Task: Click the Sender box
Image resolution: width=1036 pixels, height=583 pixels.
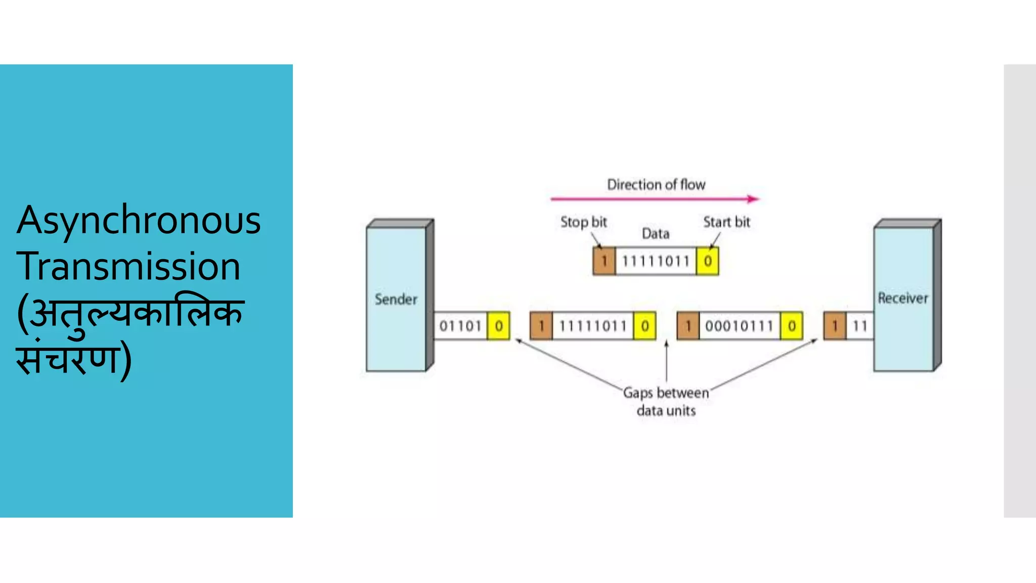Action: pyautogui.click(x=396, y=299)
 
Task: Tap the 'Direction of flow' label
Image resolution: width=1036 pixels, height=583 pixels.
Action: pyautogui.click(x=656, y=185)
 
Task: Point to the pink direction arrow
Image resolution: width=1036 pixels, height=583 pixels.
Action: pyautogui.click(x=655, y=199)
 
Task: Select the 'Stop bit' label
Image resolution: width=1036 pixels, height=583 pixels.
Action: pyautogui.click(x=583, y=222)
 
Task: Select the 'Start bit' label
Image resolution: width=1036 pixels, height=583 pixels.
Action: pyautogui.click(x=726, y=222)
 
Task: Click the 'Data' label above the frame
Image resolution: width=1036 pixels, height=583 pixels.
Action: pyautogui.click(x=656, y=234)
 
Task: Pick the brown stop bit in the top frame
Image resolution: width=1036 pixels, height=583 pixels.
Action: pyautogui.click(x=604, y=261)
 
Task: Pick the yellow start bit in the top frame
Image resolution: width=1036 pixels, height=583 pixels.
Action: pyautogui.click(x=708, y=261)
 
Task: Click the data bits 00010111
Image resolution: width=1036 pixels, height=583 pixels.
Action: pyautogui.click(x=739, y=326)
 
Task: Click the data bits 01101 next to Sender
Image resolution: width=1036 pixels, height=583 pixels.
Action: pyautogui.click(x=460, y=326)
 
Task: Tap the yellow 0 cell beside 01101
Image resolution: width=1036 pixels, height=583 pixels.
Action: pyautogui.click(x=499, y=326)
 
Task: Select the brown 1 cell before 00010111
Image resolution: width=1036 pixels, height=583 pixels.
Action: pyautogui.click(x=688, y=326)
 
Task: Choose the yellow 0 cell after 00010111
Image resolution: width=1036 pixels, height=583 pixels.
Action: pyautogui.click(x=792, y=326)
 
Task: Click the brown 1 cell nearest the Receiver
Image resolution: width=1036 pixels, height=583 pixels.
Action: pyautogui.click(x=835, y=326)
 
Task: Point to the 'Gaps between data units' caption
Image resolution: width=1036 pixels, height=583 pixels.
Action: pyautogui.click(x=666, y=401)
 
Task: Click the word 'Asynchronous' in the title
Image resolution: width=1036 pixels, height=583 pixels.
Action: pyautogui.click(x=139, y=221)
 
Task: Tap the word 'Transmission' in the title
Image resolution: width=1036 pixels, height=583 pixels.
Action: pyautogui.click(x=128, y=266)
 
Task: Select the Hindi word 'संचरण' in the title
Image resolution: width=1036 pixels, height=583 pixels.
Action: pyautogui.click(x=69, y=358)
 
